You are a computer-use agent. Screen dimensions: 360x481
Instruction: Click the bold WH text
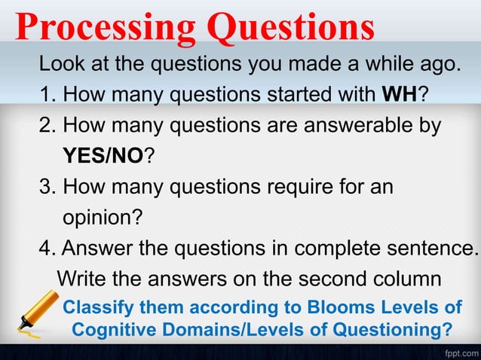[x=397, y=94]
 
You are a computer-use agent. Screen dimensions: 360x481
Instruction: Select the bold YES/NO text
[x=103, y=156]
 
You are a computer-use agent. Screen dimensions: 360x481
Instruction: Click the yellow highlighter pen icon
[x=34, y=315]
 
